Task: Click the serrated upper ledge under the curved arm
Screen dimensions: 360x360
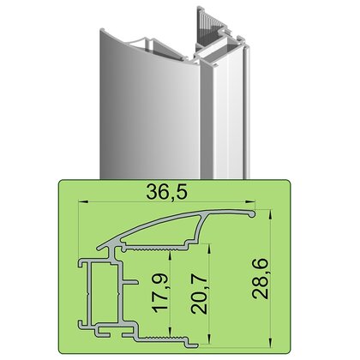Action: pos(159,249)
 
